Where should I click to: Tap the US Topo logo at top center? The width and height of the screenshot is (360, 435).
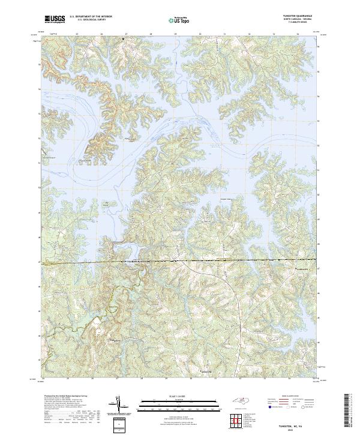(180, 20)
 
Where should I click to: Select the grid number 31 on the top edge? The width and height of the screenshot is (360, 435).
(224, 34)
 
